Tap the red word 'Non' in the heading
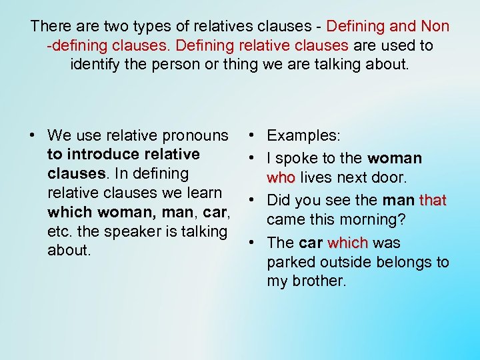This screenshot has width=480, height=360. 435,27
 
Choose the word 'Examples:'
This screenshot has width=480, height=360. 304,135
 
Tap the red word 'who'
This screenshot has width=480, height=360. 280,178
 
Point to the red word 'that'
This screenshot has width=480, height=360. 433,201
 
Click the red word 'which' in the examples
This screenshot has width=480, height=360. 347,243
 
